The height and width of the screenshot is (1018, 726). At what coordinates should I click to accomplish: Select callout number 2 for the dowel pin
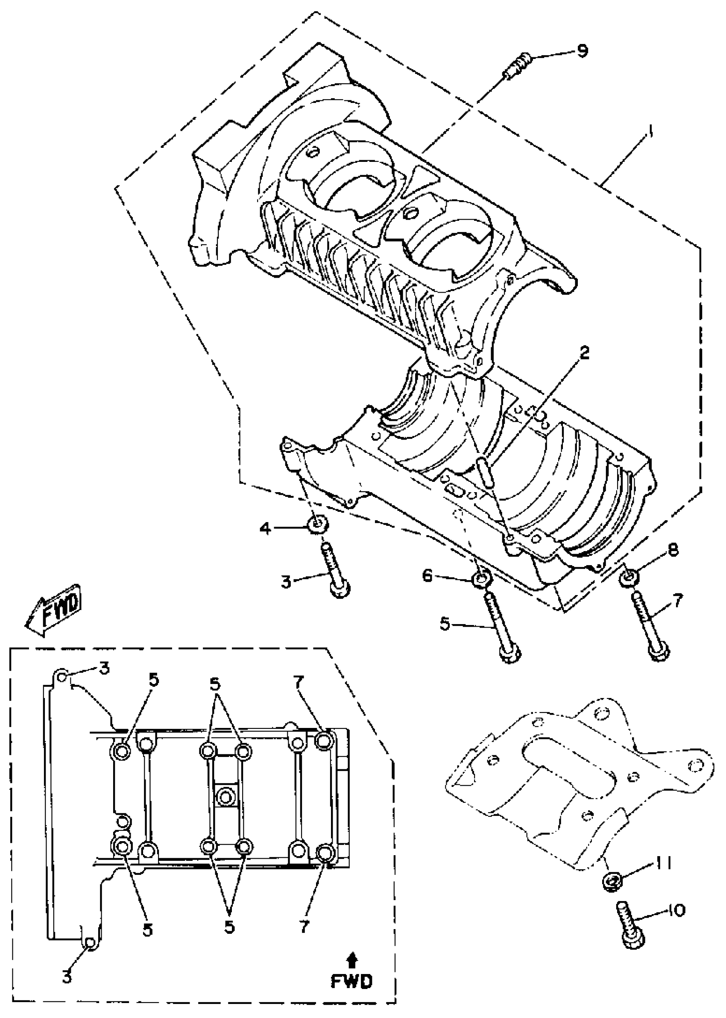click(x=583, y=353)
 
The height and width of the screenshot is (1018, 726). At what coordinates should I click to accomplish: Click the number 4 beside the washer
click(x=266, y=529)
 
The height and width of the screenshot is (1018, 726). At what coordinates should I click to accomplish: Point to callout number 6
click(x=427, y=577)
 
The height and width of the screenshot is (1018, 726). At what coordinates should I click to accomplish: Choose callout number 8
click(x=673, y=549)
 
